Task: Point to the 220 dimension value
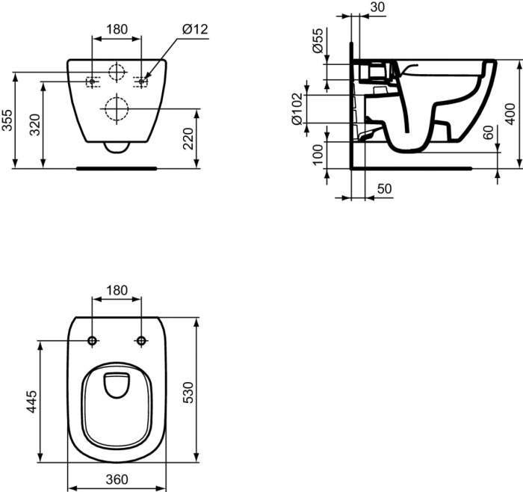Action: point(189,138)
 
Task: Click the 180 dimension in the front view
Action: point(116,30)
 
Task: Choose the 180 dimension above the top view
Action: point(116,289)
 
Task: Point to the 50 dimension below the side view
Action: point(383,189)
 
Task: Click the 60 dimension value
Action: point(487,134)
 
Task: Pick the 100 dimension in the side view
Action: point(317,154)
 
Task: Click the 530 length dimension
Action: point(188,391)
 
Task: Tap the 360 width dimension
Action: point(116,479)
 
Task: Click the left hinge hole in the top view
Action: point(92,341)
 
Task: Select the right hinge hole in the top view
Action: point(140,341)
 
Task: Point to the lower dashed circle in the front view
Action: point(116,110)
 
